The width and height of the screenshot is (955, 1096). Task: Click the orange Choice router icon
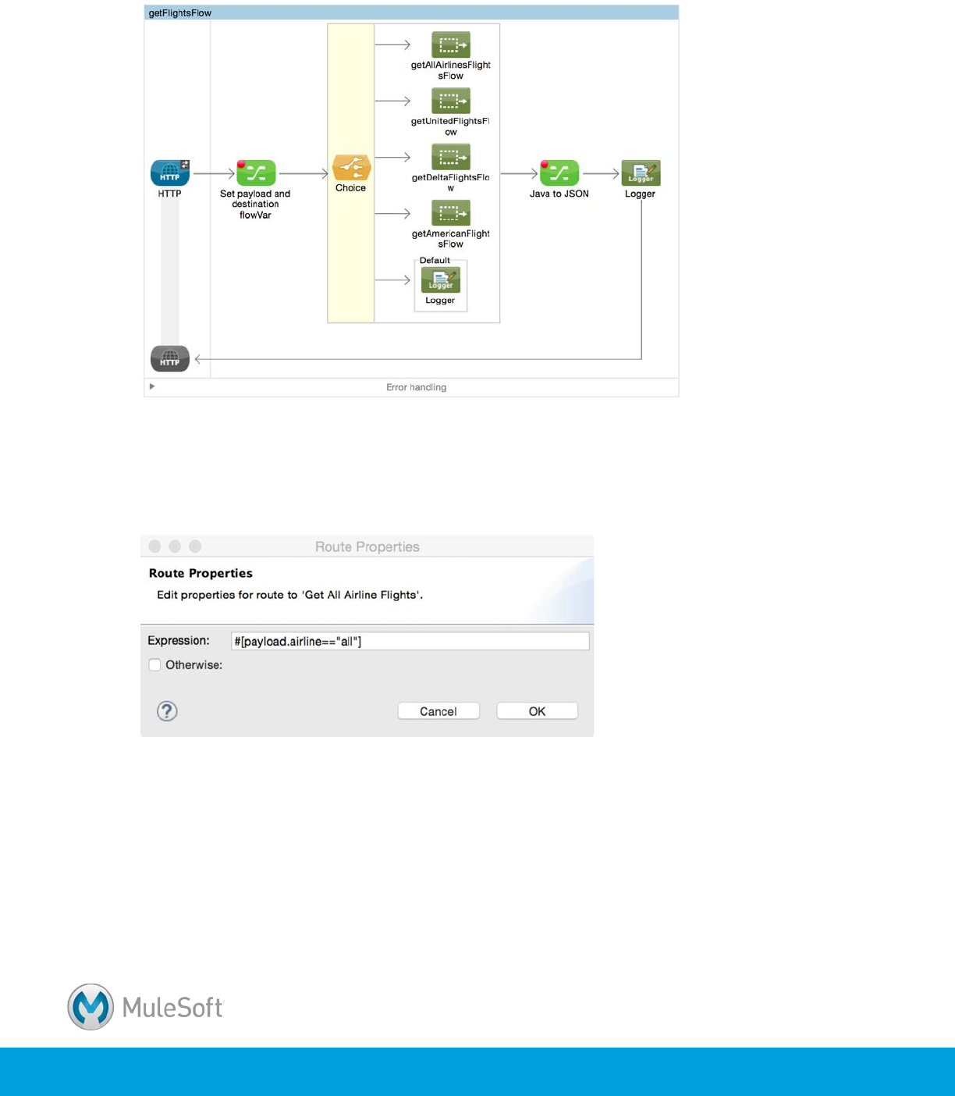(351, 168)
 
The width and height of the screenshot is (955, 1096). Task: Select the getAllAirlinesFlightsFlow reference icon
(450, 45)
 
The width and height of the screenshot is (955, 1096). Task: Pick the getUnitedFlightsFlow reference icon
(450, 101)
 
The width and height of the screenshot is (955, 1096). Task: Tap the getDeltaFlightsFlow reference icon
(450, 157)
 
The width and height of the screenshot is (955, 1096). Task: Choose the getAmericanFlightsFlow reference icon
(450, 213)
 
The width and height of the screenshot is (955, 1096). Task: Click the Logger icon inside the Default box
(440, 280)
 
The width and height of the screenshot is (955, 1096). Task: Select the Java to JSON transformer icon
(559, 173)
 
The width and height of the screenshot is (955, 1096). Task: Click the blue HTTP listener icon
(170, 173)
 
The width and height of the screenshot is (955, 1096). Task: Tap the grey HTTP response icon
(170, 359)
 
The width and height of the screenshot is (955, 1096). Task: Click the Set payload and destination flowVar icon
(256, 173)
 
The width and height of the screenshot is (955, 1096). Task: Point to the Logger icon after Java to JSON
(641, 173)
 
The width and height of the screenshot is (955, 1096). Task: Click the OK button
(537, 711)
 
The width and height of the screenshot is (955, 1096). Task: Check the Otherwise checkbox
(154, 665)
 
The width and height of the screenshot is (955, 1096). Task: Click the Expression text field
(410, 642)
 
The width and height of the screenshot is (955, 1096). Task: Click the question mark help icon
(167, 711)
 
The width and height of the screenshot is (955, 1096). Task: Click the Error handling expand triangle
(152, 386)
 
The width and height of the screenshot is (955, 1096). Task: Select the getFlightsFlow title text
(180, 13)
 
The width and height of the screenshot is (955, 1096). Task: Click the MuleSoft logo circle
(91, 1007)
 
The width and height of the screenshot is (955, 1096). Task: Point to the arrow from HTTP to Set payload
(213, 173)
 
